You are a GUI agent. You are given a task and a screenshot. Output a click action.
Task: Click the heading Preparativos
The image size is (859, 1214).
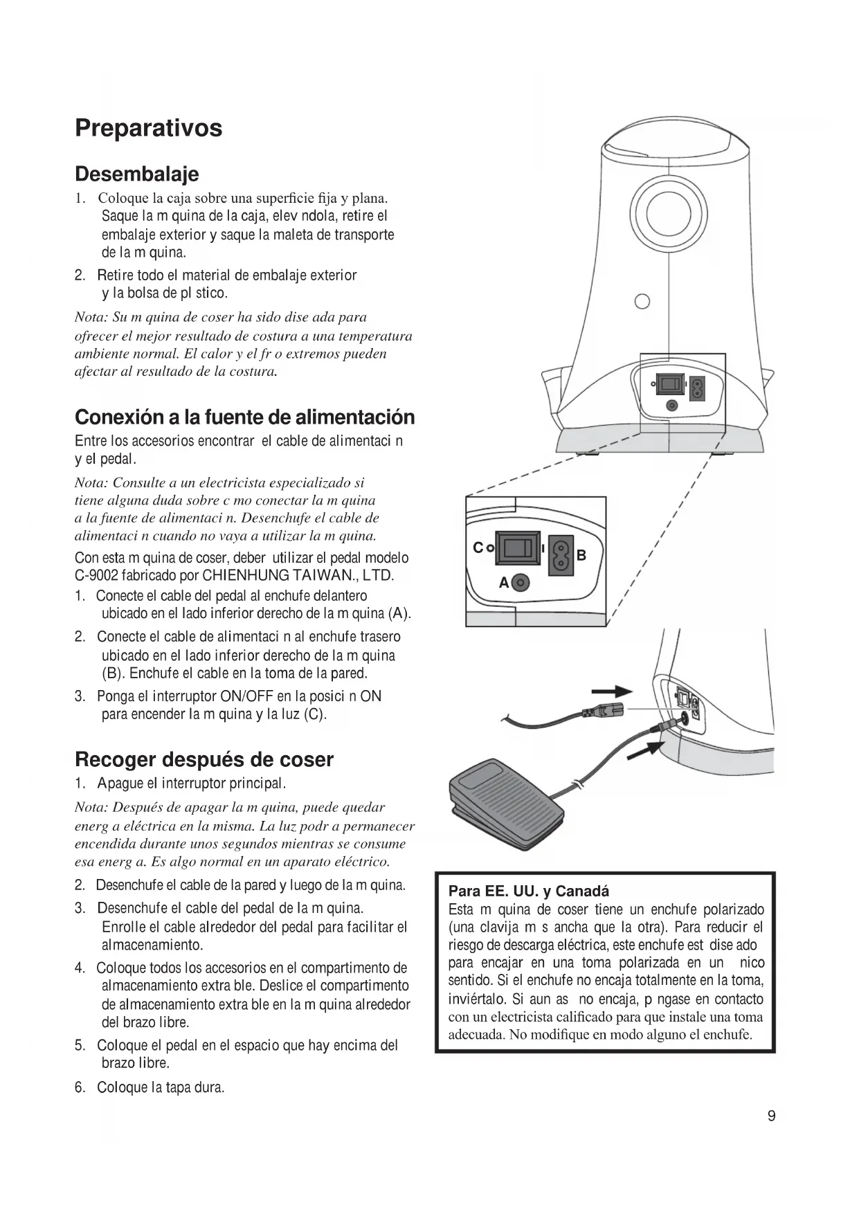(x=149, y=128)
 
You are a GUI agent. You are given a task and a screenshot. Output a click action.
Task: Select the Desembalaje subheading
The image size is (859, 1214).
(x=136, y=174)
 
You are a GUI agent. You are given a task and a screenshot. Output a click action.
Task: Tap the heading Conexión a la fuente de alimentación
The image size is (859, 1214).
(x=244, y=417)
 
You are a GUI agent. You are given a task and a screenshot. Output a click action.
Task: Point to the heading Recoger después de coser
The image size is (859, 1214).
(x=204, y=759)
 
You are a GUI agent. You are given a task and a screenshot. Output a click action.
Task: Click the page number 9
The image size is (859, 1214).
(x=771, y=1116)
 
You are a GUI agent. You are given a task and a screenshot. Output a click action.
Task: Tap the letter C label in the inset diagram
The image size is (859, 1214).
(x=477, y=548)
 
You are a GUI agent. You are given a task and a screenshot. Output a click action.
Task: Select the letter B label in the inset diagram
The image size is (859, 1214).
(x=581, y=555)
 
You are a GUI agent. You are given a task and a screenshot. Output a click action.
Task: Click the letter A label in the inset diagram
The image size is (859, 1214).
(x=504, y=583)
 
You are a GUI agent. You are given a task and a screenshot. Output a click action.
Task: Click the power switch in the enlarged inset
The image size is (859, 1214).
(x=516, y=548)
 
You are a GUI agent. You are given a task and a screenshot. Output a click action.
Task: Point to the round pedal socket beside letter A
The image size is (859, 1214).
(x=521, y=583)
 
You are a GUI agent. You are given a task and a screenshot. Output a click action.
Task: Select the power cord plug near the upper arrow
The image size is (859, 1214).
(x=604, y=709)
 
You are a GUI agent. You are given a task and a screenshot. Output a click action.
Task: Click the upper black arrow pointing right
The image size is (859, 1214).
(x=613, y=691)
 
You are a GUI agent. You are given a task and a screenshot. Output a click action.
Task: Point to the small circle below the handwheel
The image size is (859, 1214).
(x=642, y=301)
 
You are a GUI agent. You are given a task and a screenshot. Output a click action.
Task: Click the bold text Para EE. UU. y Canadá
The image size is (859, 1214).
(x=529, y=891)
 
